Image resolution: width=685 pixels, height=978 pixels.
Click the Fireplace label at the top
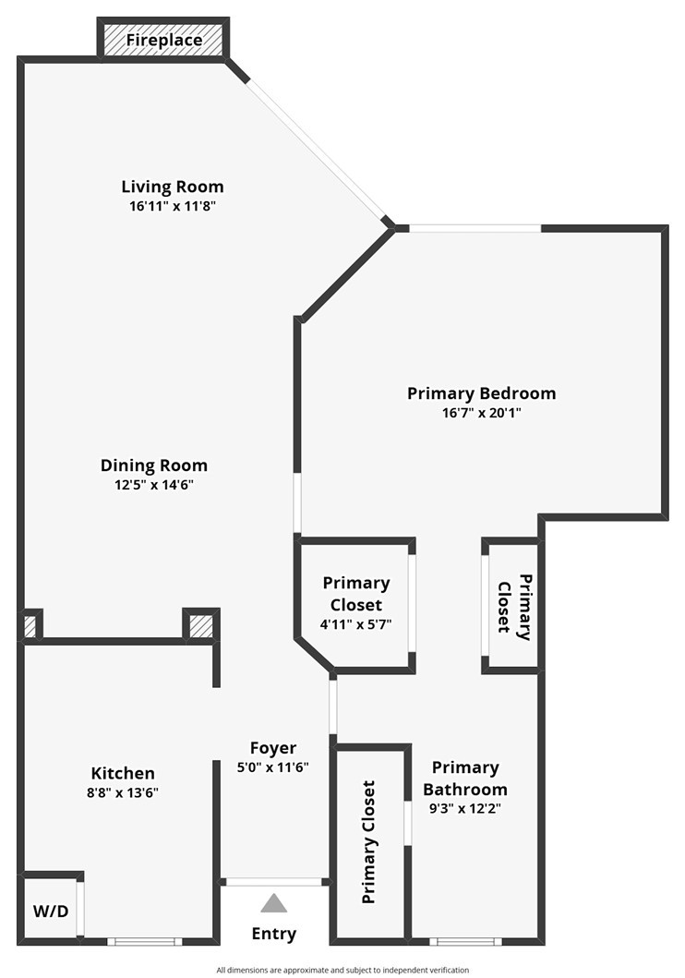pyautogui.click(x=163, y=41)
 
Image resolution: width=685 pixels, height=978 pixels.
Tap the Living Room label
pyautogui.click(x=173, y=187)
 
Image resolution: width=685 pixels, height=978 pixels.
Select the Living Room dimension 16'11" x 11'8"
pyautogui.click(x=173, y=206)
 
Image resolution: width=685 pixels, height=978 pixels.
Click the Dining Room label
pyautogui.click(x=153, y=465)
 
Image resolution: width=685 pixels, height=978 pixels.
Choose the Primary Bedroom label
pyautogui.click(x=481, y=393)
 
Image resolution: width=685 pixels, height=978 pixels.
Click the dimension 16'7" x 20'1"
pyautogui.click(x=481, y=413)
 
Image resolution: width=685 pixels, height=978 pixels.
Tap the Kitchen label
pyautogui.click(x=123, y=773)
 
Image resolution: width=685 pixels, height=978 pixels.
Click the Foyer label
pyautogui.click(x=273, y=748)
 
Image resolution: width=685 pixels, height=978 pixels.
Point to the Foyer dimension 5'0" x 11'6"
pyautogui.click(x=273, y=767)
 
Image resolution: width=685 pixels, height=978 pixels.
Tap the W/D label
pyautogui.click(x=51, y=912)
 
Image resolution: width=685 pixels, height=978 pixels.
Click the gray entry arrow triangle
pyautogui.click(x=273, y=903)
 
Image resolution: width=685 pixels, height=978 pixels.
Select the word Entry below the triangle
pyautogui.click(x=273, y=934)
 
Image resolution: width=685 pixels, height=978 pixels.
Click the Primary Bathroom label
pyautogui.click(x=465, y=779)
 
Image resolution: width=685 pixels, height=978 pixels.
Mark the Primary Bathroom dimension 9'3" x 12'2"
pyautogui.click(x=465, y=807)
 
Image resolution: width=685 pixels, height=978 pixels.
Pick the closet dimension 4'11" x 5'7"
pyautogui.click(x=355, y=623)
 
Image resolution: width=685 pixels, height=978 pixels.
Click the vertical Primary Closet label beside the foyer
pyautogui.click(x=368, y=842)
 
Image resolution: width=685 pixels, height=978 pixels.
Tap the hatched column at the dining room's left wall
pyautogui.click(x=30, y=626)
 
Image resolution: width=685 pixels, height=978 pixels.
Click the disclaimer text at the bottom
pyautogui.click(x=342, y=970)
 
